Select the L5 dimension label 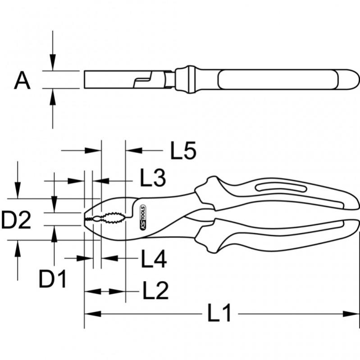click(x=183, y=151)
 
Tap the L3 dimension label click(x=152, y=179)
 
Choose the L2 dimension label click(x=155, y=291)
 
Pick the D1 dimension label click(x=52, y=280)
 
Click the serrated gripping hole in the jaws click(x=110, y=219)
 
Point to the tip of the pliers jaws click(x=86, y=219)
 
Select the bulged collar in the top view click(x=185, y=79)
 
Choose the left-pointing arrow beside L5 click(x=133, y=151)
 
